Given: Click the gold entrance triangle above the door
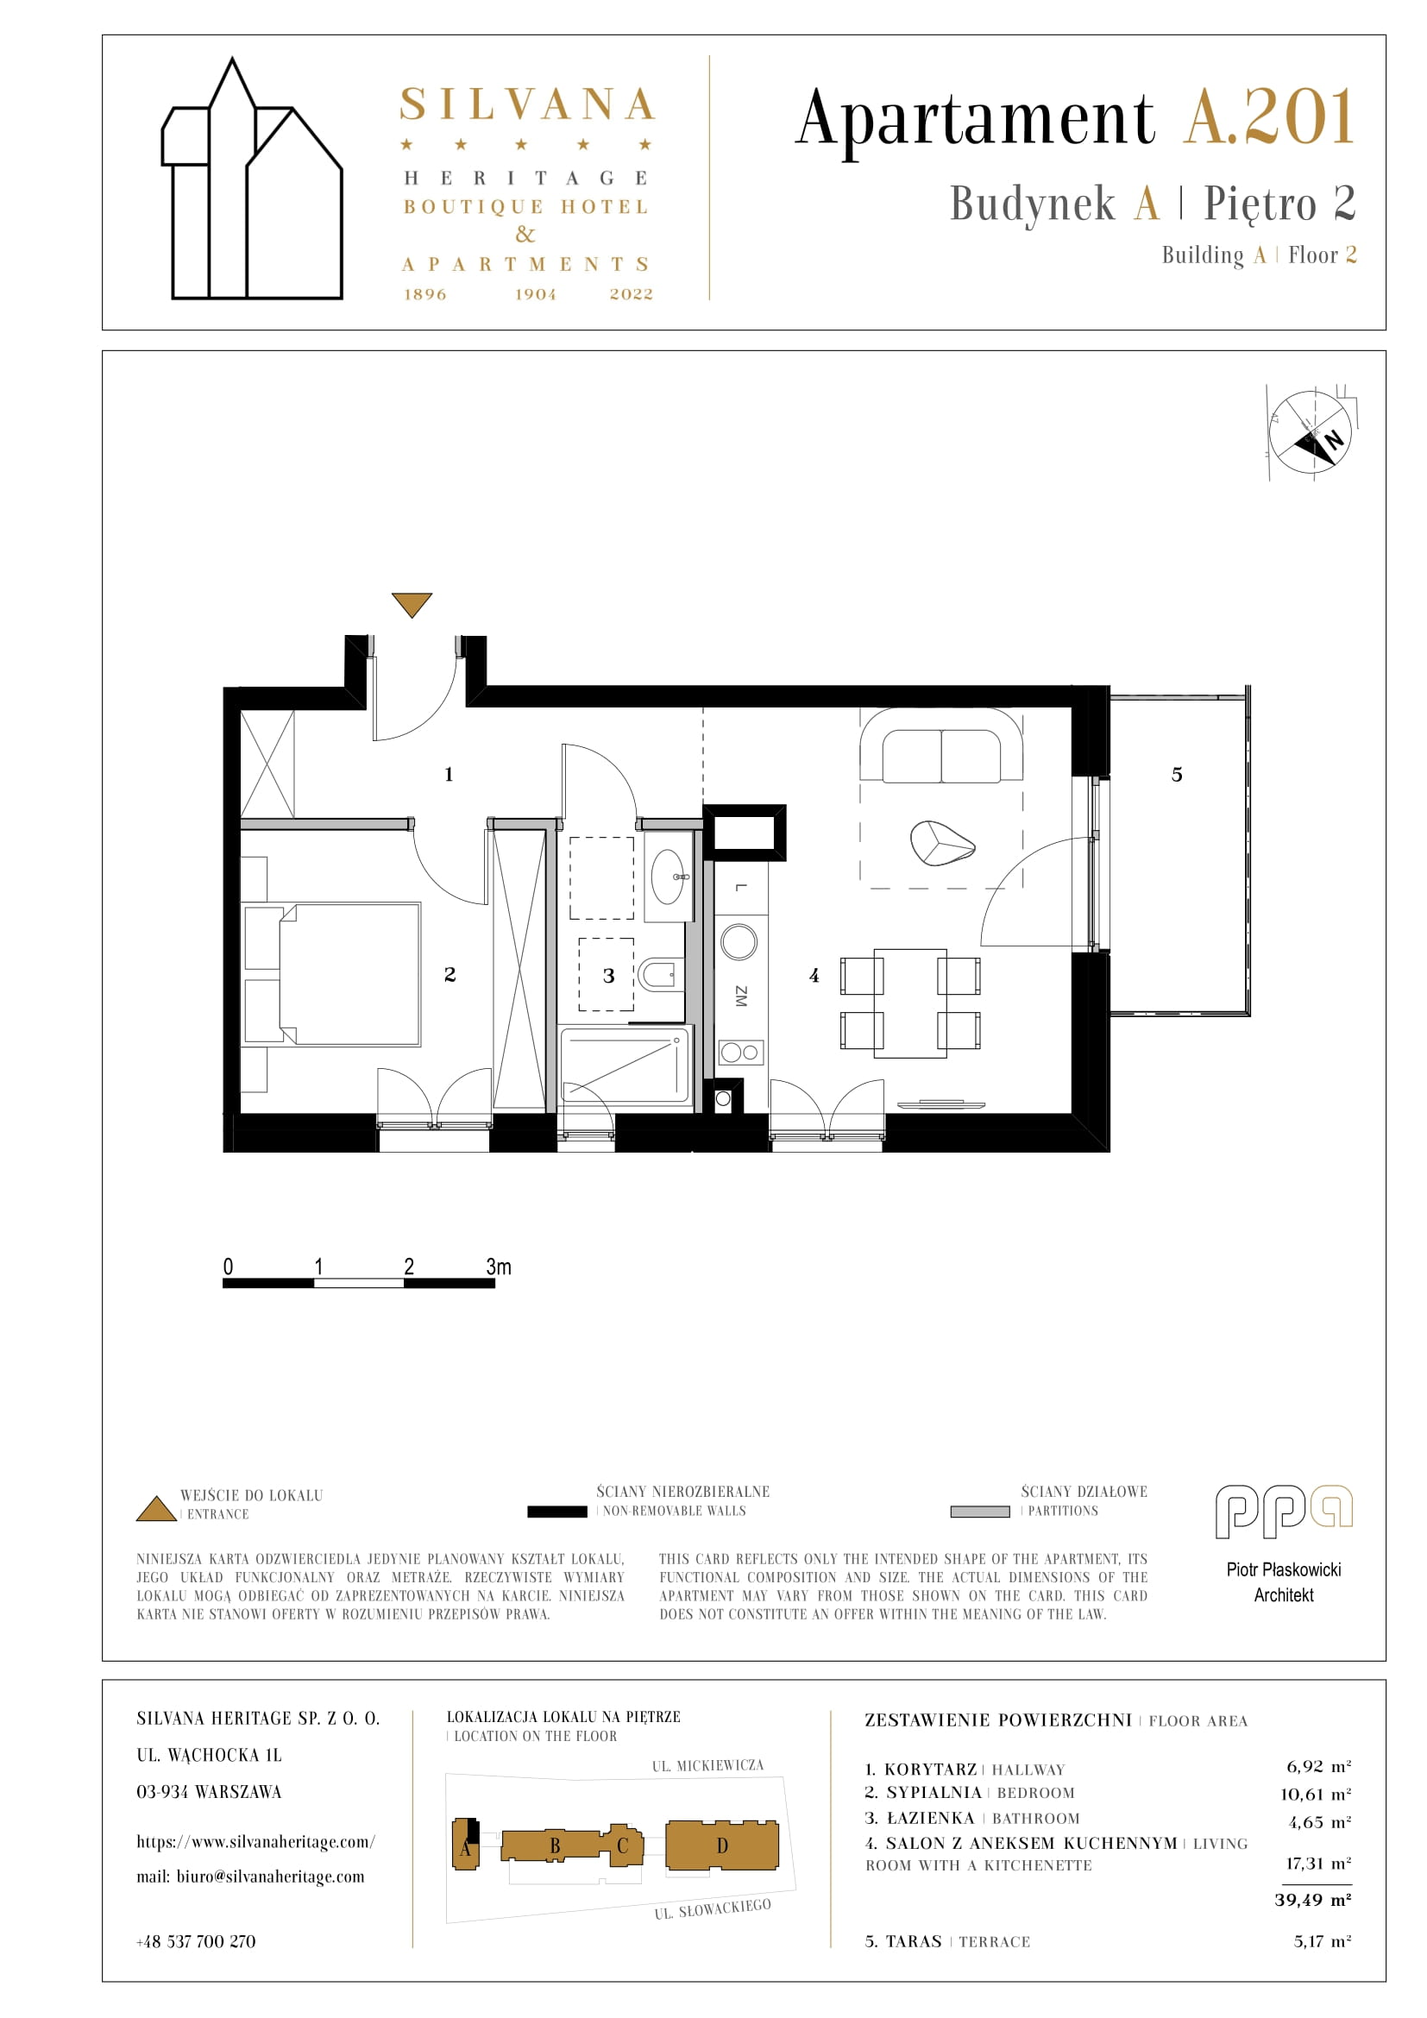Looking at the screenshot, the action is pyautogui.click(x=412, y=603).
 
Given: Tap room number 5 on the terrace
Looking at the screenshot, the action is pyautogui.click(x=1177, y=774).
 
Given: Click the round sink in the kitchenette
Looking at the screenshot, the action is pyautogui.click(x=739, y=942).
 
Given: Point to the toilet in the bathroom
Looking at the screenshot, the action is pyautogui.click(x=662, y=974).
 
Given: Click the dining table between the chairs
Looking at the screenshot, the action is pyautogui.click(x=910, y=1003).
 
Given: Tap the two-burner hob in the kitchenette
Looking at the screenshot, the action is pyautogui.click(x=741, y=1052).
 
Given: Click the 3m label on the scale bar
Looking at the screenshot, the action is pyautogui.click(x=498, y=1267).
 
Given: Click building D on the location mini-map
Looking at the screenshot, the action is pyautogui.click(x=722, y=1845).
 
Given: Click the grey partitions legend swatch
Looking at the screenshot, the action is pyautogui.click(x=980, y=1512).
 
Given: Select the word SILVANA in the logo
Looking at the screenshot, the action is pyautogui.click(x=527, y=104).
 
